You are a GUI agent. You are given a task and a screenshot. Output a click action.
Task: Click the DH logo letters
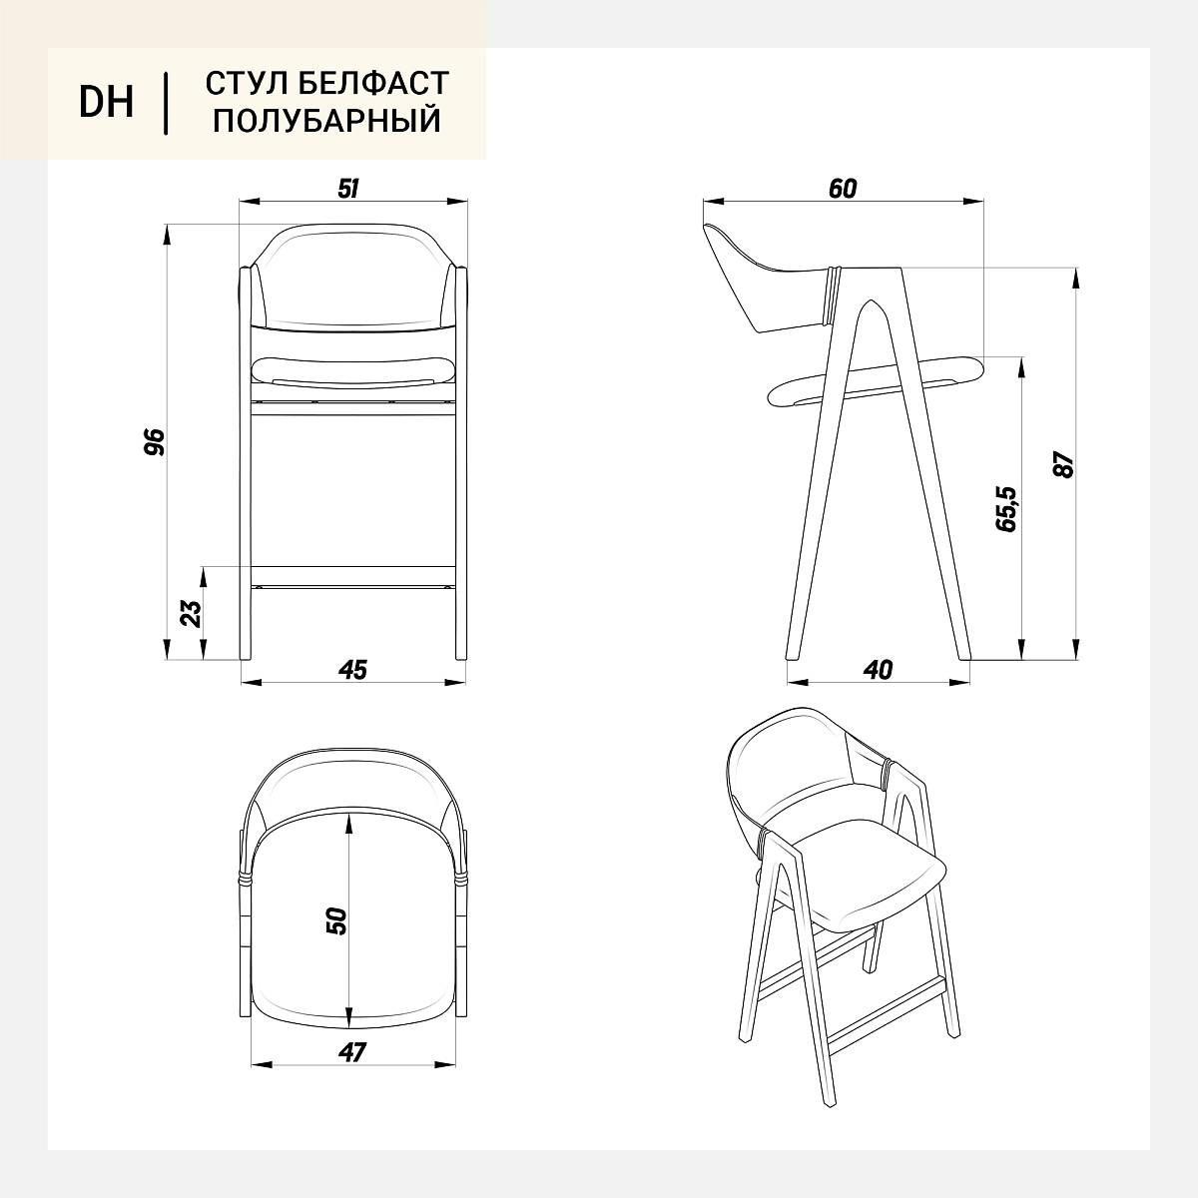(x=106, y=102)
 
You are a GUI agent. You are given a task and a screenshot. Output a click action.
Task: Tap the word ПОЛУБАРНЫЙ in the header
(x=327, y=121)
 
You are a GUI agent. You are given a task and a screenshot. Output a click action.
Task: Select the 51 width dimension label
(x=348, y=189)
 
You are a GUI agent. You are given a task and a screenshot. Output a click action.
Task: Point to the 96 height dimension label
(x=155, y=442)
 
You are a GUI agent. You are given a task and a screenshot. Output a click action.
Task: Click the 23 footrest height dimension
(x=191, y=613)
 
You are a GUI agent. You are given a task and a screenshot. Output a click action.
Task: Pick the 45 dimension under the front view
(x=352, y=670)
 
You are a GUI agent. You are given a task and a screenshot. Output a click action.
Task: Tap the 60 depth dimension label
(x=843, y=189)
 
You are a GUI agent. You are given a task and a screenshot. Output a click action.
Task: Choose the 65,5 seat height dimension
(x=1006, y=508)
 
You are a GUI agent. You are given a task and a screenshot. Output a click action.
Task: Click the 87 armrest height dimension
(x=1063, y=464)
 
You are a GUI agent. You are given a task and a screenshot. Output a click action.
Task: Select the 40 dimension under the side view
(x=878, y=670)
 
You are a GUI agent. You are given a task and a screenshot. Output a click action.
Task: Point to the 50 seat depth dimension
(x=335, y=920)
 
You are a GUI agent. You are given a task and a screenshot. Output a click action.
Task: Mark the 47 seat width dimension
(x=352, y=1052)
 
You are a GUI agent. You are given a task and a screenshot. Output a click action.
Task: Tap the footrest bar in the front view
(x=352, y=576)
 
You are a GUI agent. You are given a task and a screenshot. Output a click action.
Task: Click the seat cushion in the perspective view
(x=871, y=881)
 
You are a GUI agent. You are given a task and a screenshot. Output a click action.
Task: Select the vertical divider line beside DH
(x=166, y=103)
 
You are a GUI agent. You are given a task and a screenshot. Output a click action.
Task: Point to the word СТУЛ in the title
(x=247, y=83)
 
